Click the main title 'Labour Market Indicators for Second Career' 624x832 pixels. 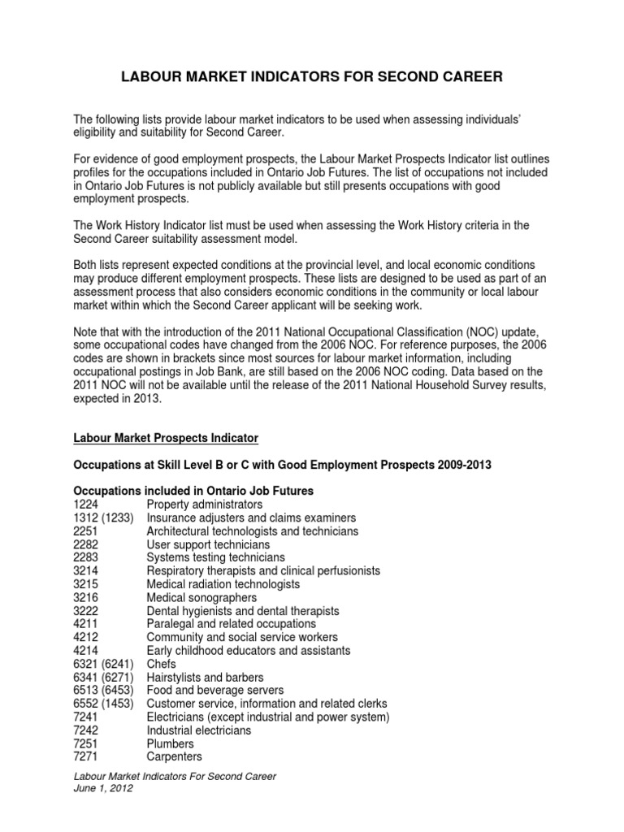pyautogui.click(x=312, y=77)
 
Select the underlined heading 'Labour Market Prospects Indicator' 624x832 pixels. pyautogui.click(x=166, y=438)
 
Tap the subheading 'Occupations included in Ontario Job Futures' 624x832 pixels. pyautogui.click(x=193, y=491)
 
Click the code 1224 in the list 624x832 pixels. pyautogui.click(x=86, y=505)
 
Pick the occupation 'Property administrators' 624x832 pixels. pyautogui.click(x=204, y=505)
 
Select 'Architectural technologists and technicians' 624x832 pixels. pyautogui.click(x=252, y=531)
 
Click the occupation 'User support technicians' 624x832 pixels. pyautogui.click(x=208, y=544)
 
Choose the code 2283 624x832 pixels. pyautogui.click(x=86, y=557)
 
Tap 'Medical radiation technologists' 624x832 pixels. pyautogui.click(x=223, y=584)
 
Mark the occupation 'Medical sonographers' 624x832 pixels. pyautogui.click(x=201, y=597)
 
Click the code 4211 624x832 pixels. pyautogui.click(x=86, y=624)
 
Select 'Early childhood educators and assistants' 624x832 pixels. pyautogui.click(x=249, y=650)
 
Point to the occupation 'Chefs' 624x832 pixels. pyautogui.click(x=162, y=664)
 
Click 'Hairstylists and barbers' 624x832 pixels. pyautogui.click(x=205, y=677)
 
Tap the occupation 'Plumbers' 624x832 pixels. pyautogui.click(x=170, y=743)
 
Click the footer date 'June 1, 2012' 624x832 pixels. pyautogui.click(x=103, y=788)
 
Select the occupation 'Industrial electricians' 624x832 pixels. pyautogui.click(x=198, y=730)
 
